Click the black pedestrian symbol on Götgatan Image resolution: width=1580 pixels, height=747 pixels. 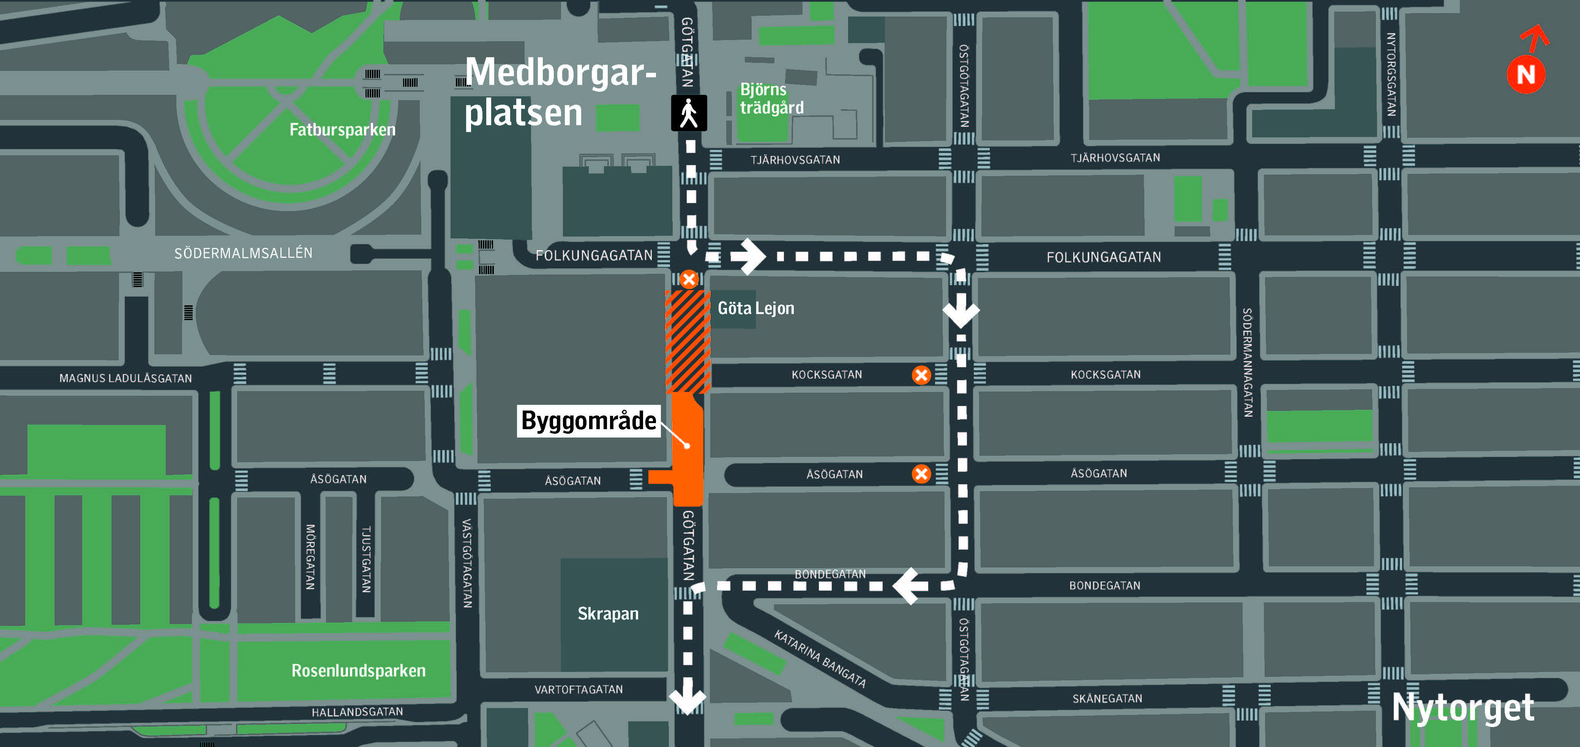pyautogui.click(x=689, y=113)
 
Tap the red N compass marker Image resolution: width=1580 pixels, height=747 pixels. pyautogui.click(x=1525, y=75)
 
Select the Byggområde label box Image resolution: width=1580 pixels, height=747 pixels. pyautogui.click(x=588, y=421)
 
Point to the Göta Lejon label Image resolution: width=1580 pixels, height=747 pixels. pyautogui.click(x=756, y=308)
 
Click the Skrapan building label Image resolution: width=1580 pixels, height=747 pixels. pyautogui.click(x=608, y=614)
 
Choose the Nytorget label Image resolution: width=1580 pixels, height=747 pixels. pyautogui.click(x=1463, y=708)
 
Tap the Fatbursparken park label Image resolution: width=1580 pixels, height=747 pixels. pyautogui.click(x=342, y=130)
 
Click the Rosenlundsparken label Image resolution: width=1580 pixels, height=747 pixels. pyautogui.click(x=358, y=670)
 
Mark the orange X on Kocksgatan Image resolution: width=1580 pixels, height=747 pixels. pyautogui.click(x=921, y=375)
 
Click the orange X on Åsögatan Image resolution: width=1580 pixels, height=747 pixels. pyautogui.click(x=921, y=474)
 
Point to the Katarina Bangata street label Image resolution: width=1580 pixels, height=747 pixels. pyautogui.click(x=820, y=659)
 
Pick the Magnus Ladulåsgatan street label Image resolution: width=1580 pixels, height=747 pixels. pyautogui.click(x=125, y=379)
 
